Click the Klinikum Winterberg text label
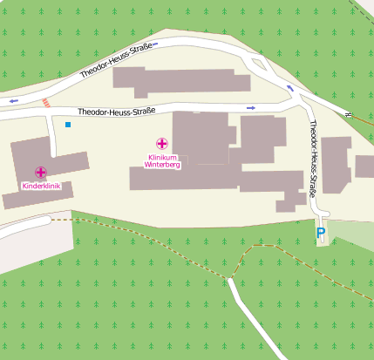click(x=162, y=160)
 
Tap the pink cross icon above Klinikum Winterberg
click(x=162, y=143)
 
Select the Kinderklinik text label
click(x=41, y=187)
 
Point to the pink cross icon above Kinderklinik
click(x=41, y=173)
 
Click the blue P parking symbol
click(x=321, y=233)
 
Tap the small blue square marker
click(x=68, y=125)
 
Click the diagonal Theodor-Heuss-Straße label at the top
click(x=117, y=60)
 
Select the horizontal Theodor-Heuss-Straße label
click(x=116, y=112)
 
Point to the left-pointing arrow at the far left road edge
click(x=12, y=101)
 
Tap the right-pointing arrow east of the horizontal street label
click(x=251, y=107)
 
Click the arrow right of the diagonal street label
click(x=167, y=42)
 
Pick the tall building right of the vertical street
click(x=337, y=166)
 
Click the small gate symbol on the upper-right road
click(x=347, y=114)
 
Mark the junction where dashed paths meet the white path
click(x=230, y=278)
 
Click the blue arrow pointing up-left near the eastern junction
click(x=290, y=87)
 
